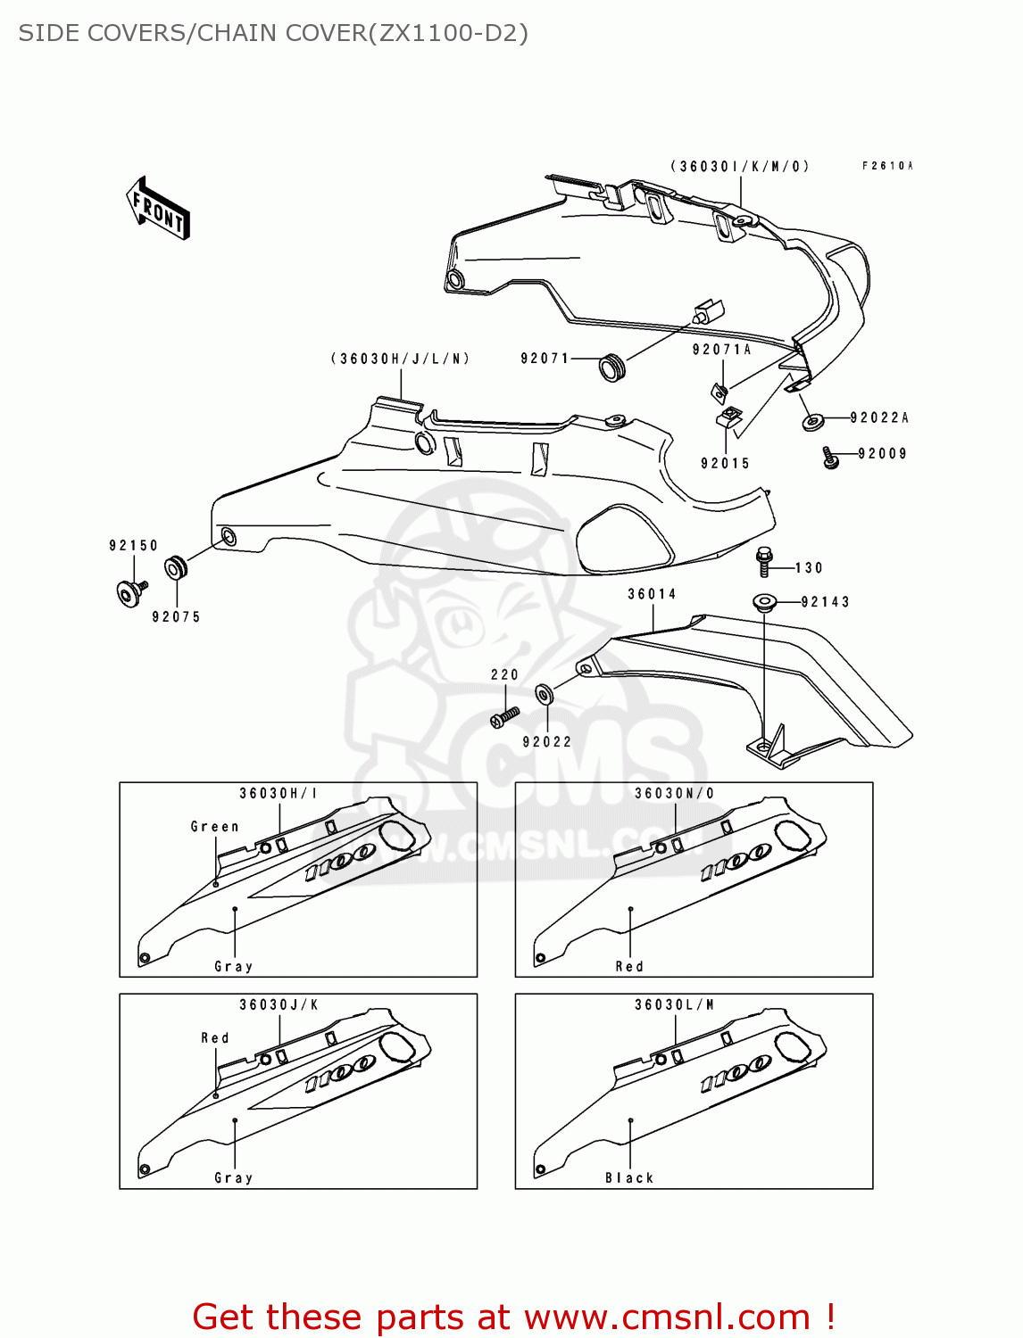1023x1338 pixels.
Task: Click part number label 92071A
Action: (x=721, y=350)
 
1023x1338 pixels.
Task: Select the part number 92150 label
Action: (x=133, y=545)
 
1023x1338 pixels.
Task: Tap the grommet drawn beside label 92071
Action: (x=611, y=367)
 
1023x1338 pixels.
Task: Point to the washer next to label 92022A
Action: (x=812, y=420)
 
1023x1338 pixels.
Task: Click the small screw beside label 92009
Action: (x=830, y=458)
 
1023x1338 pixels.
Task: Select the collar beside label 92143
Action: (x=765, y=603)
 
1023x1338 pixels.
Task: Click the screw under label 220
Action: (x=504, y=716)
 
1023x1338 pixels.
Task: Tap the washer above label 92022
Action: (x=543, y=694)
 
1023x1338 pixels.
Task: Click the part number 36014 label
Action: (x=652, y=594)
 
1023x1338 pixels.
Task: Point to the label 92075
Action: (x=176, y=616)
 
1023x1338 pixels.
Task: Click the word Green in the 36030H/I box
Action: (x=214, y=827)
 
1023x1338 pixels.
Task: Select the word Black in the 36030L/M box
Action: (x=629, y=1178)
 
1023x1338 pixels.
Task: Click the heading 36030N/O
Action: (x=674, y=793)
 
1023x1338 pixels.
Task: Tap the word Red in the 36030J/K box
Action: (x=214, y=1038)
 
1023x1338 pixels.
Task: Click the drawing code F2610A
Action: (x=887, y=166)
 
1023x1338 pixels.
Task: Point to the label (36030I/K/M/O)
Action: (x=740, y=167)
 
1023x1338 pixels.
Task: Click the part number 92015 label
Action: (x=725, y=463)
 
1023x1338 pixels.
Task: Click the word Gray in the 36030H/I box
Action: (x=233, y=967)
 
